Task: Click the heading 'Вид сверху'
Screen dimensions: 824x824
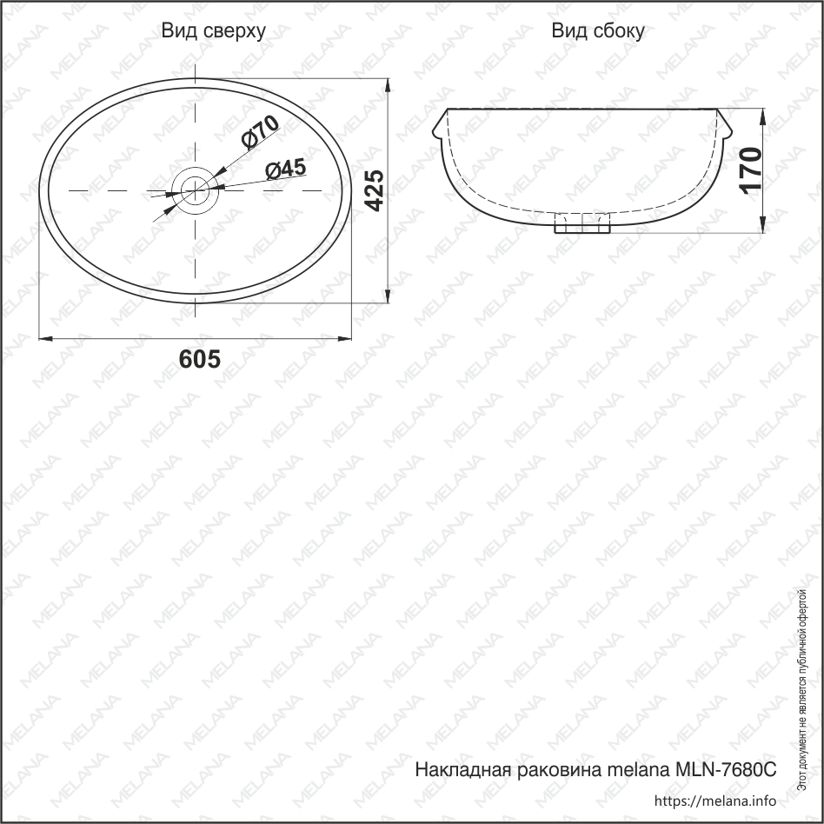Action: pos(214,31)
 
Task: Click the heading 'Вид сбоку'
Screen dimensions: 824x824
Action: pos(598,31)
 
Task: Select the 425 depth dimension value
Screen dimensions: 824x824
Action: pos(373,191)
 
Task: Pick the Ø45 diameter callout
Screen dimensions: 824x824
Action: pos(285,169)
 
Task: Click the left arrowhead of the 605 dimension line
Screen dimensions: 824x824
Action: pos(45,336)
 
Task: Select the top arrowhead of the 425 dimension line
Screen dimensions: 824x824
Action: pos(388,84)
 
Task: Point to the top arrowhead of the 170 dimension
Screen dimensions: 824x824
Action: pos(762,116)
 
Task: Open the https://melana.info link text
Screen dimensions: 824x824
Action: pos(714,801)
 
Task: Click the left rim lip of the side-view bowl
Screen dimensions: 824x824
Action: pos(439,128)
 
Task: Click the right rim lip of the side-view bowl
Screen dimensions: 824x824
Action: pos(725,128)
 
